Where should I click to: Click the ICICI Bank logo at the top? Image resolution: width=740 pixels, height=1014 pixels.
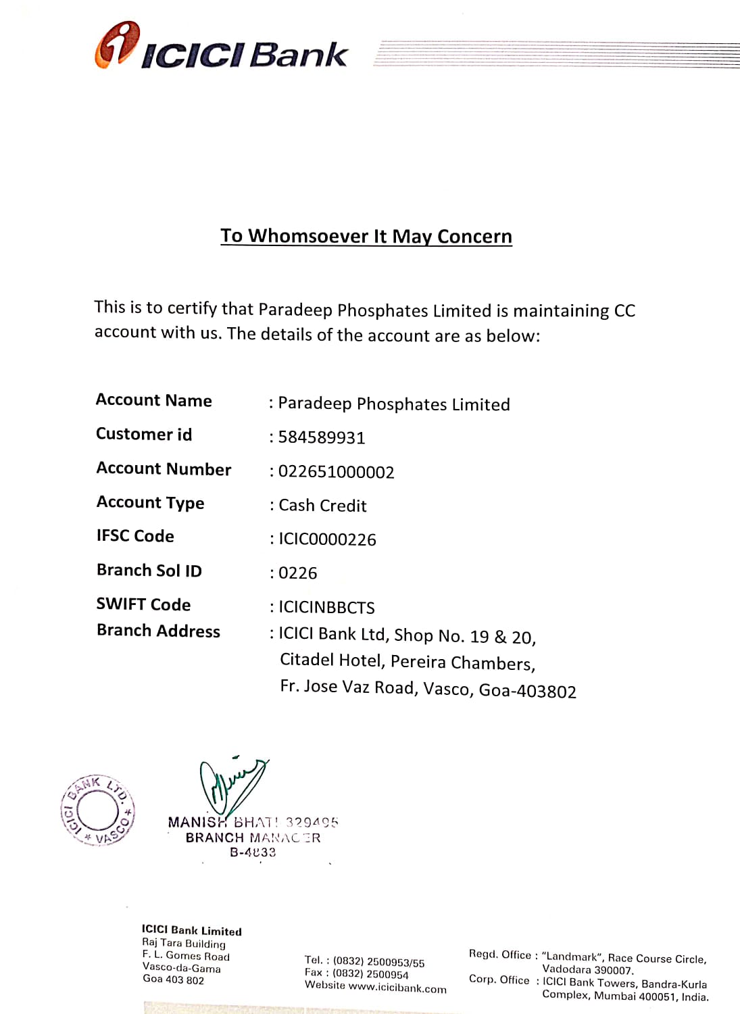(x=222, y=47)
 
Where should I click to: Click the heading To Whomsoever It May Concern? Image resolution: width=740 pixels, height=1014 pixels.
(x=366, y=236)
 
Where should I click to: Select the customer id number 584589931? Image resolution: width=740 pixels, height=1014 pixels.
(x=322, y=437)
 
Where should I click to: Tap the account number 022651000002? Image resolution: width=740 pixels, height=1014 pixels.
(x=336, y=472)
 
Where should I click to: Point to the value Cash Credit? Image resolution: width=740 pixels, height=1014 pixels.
(x=322, y=506)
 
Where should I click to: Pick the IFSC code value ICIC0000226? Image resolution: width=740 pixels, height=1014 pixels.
(x=327, y=539)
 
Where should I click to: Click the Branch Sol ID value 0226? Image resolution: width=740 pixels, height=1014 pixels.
(x=297, y=573)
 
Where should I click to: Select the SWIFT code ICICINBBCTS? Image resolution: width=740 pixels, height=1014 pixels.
(x=326, y=607)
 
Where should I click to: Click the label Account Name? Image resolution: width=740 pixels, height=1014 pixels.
(x=154, y=400)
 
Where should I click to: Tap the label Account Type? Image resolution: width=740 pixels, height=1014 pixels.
(x=150, y=502)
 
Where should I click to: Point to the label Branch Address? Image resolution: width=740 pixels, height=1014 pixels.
(x=158, y=631)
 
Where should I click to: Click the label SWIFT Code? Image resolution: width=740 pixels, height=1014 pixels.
(x=143, y=604)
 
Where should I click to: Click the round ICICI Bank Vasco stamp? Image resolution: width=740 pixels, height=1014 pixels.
(x=97, y=810)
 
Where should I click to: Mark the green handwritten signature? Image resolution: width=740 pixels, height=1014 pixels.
(x=230, y=784)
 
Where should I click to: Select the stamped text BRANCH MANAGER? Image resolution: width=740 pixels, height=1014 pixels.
(x=253, y=838)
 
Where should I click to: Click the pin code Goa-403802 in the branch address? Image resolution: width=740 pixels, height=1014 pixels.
(x=527, y=691)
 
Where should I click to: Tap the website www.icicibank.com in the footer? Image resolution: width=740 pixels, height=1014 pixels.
(x=397, y=988)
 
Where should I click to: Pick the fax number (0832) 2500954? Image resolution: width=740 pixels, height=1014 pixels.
(x=370, y=974)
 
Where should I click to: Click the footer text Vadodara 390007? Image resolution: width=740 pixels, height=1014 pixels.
(x=587, y=970)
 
